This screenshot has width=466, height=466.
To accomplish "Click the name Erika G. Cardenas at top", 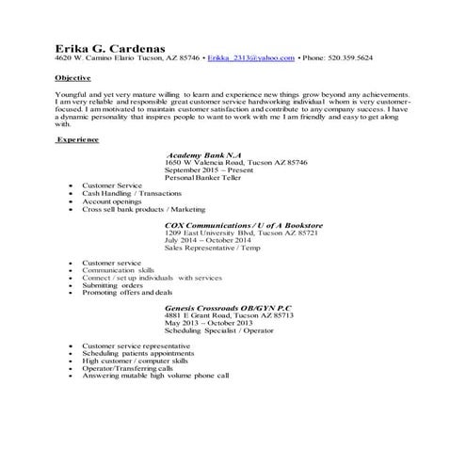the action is coord(108,44).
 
